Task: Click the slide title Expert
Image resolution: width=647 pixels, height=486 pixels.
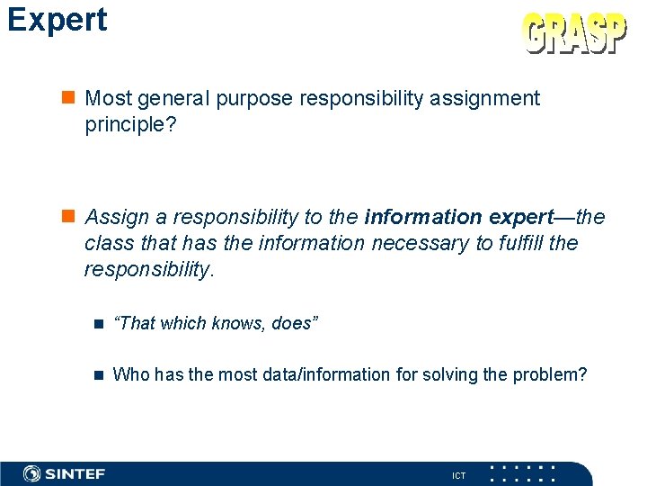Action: [x=57, y=20]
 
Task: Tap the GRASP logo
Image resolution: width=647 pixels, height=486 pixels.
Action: [x=574, y=35]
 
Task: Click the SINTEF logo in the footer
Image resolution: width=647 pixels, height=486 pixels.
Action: [x=65, y=473]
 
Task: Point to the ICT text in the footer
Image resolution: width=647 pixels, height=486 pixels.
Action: [x=458, y=475]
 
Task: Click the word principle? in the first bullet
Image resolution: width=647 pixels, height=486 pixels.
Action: [x=129, y=124]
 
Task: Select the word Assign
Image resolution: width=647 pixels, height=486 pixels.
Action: [x=113, y=217]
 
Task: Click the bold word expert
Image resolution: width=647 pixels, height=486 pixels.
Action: [x=518, y=217]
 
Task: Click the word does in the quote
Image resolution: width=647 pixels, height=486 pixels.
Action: [x=290, y=323]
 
